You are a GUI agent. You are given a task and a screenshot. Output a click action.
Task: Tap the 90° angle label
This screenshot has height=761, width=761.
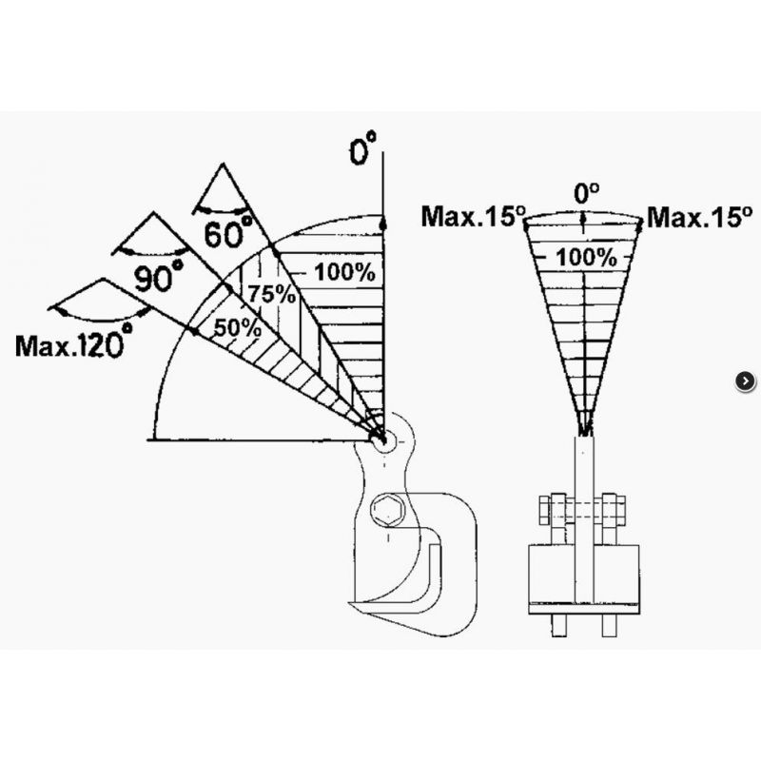click(x=159, y=277)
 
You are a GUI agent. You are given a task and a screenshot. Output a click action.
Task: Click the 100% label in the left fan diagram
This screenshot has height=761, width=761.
click(x=344, y=272)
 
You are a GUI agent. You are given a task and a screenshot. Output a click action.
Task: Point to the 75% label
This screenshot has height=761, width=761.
click(x=271, y=294)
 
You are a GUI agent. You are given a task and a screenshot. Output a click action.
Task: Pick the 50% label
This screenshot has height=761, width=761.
click(x=237, y=328)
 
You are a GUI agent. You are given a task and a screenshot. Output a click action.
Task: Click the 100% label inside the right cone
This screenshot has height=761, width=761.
click(x=586, y=257)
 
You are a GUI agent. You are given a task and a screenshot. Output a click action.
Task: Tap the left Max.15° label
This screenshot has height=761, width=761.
click(x=474, y=217)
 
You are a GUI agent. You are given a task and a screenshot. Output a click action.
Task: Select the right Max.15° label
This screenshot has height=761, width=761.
click(x=700, y=217)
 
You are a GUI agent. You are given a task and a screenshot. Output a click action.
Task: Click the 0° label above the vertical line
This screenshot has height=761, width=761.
click(x=363, y=148)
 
